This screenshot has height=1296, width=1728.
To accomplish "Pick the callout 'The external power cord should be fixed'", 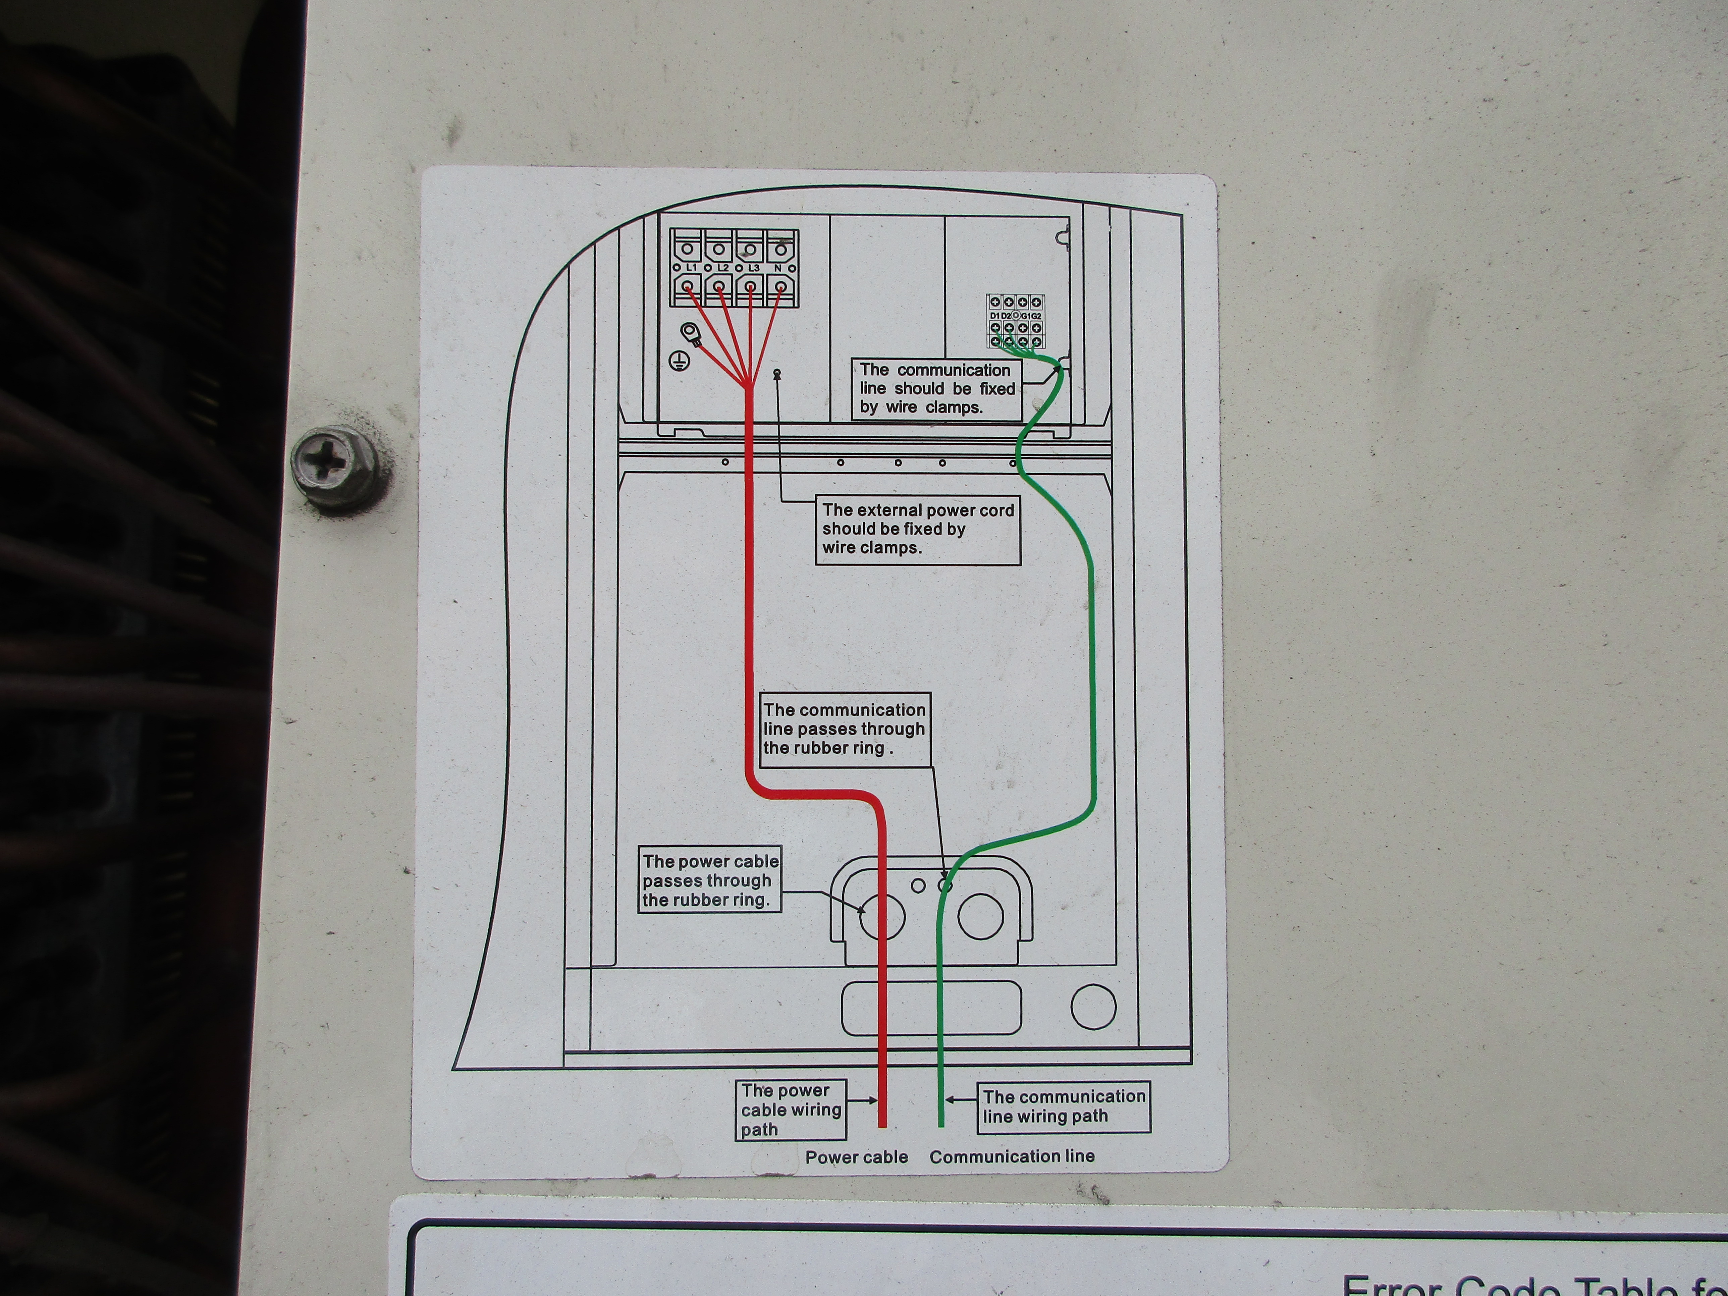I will click(x=918, y=529).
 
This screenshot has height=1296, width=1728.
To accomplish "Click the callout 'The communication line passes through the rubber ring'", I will click(x=845, y=729).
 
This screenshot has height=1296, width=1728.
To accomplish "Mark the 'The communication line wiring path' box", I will click(x=1063, y=1106).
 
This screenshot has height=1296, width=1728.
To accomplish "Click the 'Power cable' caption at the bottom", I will click(x=856, y=1157).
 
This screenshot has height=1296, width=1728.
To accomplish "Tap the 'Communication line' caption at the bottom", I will click(x=1012, y=1156).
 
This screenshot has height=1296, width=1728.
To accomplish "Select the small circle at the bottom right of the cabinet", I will click(x=1093, y=1006).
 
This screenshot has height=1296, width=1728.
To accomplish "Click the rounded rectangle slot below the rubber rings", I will click(x=930, y=1008).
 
